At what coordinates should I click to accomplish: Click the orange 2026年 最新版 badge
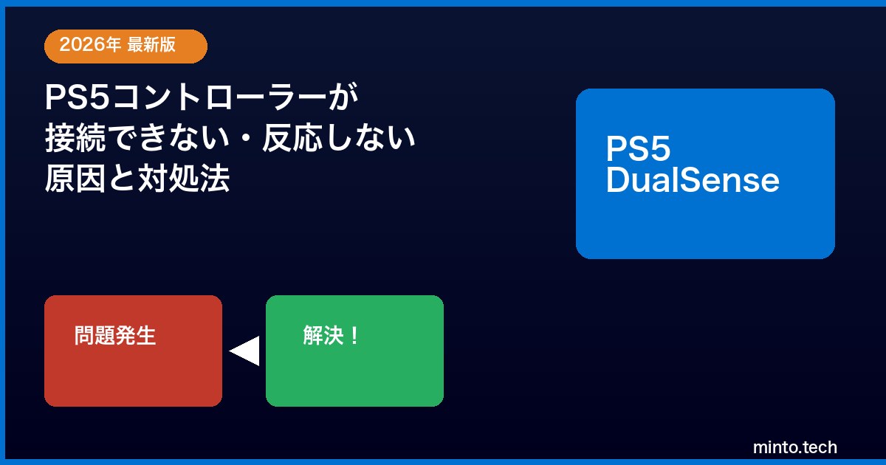126,46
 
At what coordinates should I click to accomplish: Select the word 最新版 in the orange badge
151,44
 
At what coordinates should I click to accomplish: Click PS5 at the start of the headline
77,97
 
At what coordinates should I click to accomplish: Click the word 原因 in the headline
75,179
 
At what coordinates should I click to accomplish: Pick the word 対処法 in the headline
184,179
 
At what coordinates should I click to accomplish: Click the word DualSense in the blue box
693,180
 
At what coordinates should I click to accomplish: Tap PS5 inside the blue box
639,148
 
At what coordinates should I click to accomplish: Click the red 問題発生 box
134,351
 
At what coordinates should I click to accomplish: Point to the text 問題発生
115,336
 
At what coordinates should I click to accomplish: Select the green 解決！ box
355,351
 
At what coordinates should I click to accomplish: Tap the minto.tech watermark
795,447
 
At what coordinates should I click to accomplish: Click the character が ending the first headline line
343,97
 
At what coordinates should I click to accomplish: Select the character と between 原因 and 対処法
122,179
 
